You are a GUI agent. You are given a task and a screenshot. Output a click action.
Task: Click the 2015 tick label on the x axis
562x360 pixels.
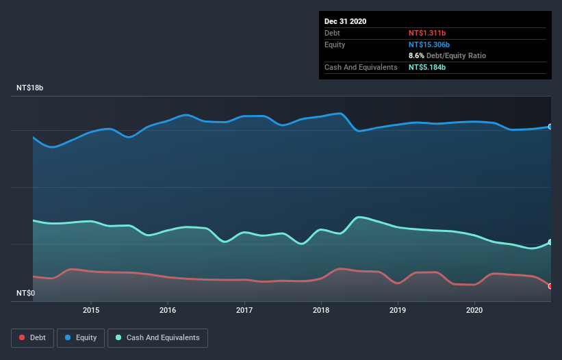(x=91, y=310)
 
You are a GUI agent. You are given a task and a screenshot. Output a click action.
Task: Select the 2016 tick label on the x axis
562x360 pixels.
(x=168, y=310)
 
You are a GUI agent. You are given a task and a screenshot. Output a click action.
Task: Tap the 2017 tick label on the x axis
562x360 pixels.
(x=244, y=310)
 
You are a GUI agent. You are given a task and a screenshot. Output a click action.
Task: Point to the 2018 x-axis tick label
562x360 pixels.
(x=321, y=310)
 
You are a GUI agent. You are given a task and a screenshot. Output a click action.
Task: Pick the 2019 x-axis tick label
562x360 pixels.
(x=398, y=310)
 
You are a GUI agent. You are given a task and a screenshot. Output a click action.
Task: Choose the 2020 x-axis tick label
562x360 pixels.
(x=474, y=310)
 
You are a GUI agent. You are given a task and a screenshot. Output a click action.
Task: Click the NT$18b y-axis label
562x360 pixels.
(x=30, y=88)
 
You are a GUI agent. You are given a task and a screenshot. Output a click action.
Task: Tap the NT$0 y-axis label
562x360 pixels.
(x=26, y=294)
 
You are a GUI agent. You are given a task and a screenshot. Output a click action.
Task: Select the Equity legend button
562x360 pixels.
(x=81, y=337)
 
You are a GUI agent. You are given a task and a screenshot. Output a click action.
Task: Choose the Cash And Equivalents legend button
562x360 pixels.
(x=157, y=337)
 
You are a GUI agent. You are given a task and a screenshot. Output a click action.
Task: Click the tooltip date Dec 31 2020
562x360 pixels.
(x=345, y=21)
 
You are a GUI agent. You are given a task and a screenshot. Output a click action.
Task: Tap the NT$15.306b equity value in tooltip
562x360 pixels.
(x=431, y=44)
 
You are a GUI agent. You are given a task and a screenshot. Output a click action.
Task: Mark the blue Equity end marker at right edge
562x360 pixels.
(x=550, y=127)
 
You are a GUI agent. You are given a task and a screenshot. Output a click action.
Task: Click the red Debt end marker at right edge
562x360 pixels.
(x=550, y=286)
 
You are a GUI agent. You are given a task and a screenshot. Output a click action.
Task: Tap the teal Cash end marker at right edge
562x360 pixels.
(x=550, y=242)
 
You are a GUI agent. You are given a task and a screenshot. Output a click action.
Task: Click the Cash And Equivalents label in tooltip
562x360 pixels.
(x=361, y=67)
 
